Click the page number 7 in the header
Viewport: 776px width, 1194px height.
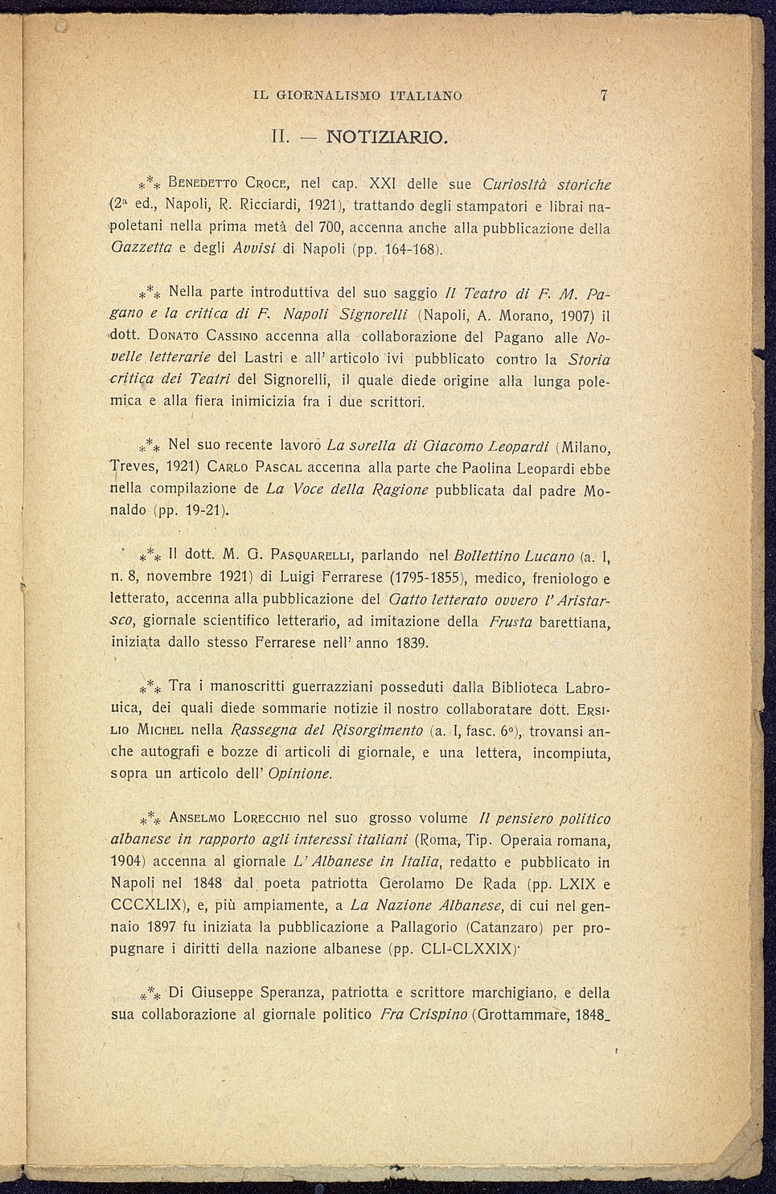603,95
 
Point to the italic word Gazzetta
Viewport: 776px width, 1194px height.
142,249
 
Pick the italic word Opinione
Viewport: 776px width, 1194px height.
299,774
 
